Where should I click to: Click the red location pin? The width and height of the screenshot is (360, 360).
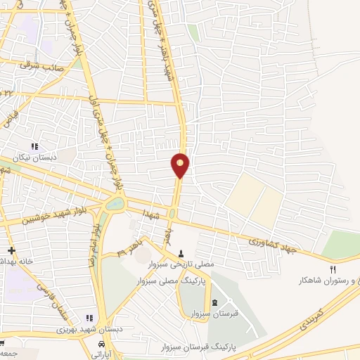click(x=180, y=165)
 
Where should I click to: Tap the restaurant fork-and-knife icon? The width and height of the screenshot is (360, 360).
click(x=334, y=269)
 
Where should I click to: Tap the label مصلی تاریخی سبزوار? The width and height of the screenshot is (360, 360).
click(x=181, y=265)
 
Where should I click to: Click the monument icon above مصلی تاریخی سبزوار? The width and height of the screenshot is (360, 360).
click(x=181, y=253)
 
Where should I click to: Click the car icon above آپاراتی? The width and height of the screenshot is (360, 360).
click(x=103, y=345)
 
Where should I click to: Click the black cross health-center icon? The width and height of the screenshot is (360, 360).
click(x=11, y=250)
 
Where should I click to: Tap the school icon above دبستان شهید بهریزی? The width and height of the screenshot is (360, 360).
click(x=89, y=317)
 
